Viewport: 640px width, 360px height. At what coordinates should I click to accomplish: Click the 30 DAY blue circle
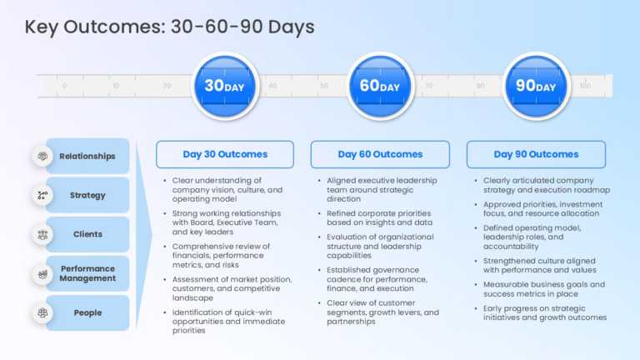[225, 86]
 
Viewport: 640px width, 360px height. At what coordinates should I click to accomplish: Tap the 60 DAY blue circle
[380, 86]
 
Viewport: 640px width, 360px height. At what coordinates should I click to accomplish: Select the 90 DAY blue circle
[536, 86]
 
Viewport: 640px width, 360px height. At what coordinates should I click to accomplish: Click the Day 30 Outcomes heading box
[225, 154]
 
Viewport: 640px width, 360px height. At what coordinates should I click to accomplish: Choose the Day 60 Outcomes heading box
[380, 154]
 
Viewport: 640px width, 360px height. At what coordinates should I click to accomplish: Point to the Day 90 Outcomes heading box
[536, 154]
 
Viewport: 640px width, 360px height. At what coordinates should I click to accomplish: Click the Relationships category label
[87, 156]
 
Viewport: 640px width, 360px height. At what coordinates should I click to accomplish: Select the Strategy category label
[87, 195]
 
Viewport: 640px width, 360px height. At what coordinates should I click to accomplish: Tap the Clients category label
[87, 234]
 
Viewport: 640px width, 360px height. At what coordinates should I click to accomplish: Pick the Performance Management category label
[87, 273]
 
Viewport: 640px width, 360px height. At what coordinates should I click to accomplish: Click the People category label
[87, 312]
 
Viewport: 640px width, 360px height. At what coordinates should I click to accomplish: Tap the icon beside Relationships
[42, 156]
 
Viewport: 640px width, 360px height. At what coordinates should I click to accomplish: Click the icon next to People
[42, 312]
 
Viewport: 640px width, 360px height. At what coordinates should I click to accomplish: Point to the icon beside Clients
[42, 234]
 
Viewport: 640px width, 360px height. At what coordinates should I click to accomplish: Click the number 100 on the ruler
[585, 86]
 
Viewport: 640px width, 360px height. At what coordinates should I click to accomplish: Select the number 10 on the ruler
[116, 86]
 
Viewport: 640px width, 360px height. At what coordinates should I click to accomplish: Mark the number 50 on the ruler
[323, 86]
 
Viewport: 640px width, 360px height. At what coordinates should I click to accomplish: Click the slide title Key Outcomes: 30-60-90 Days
[170, 27]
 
